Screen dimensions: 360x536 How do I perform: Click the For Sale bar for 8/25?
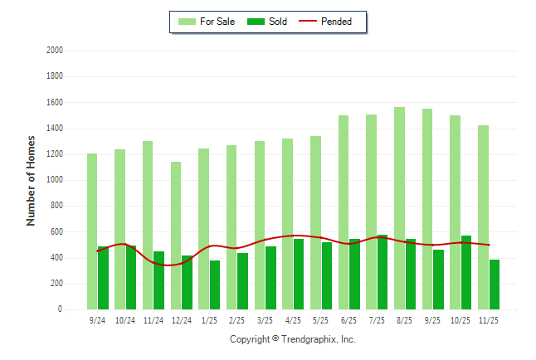399,207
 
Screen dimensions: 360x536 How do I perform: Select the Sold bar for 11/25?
495,284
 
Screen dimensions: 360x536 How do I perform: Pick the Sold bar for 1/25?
215,285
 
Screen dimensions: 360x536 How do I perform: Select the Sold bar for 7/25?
383,271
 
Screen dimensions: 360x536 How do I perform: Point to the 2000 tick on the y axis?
55,51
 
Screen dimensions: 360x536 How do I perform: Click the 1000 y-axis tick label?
55,180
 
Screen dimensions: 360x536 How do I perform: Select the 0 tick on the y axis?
60,309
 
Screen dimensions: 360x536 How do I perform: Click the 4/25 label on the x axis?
293,319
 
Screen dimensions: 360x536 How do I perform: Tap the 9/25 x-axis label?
432,319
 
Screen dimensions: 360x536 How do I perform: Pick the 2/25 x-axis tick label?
237,319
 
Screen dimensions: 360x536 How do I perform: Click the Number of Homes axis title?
32,180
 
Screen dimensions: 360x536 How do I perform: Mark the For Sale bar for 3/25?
260,225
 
